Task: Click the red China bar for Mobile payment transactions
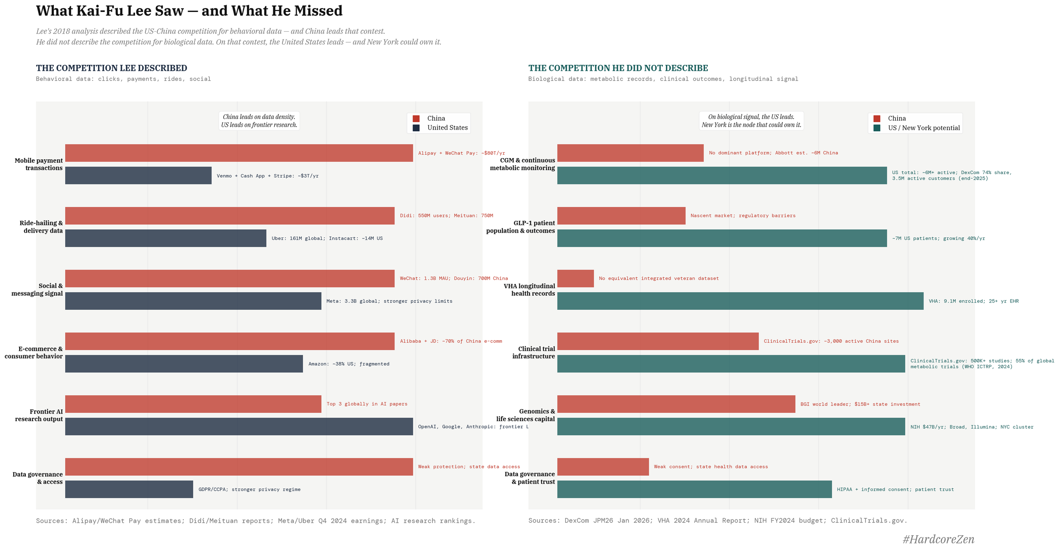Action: tap(239, 153)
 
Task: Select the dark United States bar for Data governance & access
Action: tap(129, 489)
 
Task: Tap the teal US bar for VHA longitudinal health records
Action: tap(740, 301)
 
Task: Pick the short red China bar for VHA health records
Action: tap(575, 278)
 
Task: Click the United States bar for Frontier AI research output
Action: tap(239, 426)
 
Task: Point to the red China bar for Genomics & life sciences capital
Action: tap(676, 404)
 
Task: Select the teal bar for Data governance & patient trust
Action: tap(694, 489)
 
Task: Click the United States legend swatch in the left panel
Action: tap(416, 128)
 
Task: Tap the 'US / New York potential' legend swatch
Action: tap(877, 128)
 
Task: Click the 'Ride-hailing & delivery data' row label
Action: tap(42, 227)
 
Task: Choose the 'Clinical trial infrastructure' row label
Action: tap(534, 353)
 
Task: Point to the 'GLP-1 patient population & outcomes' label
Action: tap(521, 227)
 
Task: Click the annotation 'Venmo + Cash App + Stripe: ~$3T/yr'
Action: tap(267, 176)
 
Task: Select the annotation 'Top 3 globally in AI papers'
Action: tap(367, 404)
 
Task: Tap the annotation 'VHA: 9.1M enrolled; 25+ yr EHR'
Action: tap(973, 301)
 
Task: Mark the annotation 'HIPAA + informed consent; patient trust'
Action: tap(895, 489)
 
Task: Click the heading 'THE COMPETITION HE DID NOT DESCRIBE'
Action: tap(618, 68)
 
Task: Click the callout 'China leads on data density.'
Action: tap(259, 117)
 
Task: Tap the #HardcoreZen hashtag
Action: tap(938, 539)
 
